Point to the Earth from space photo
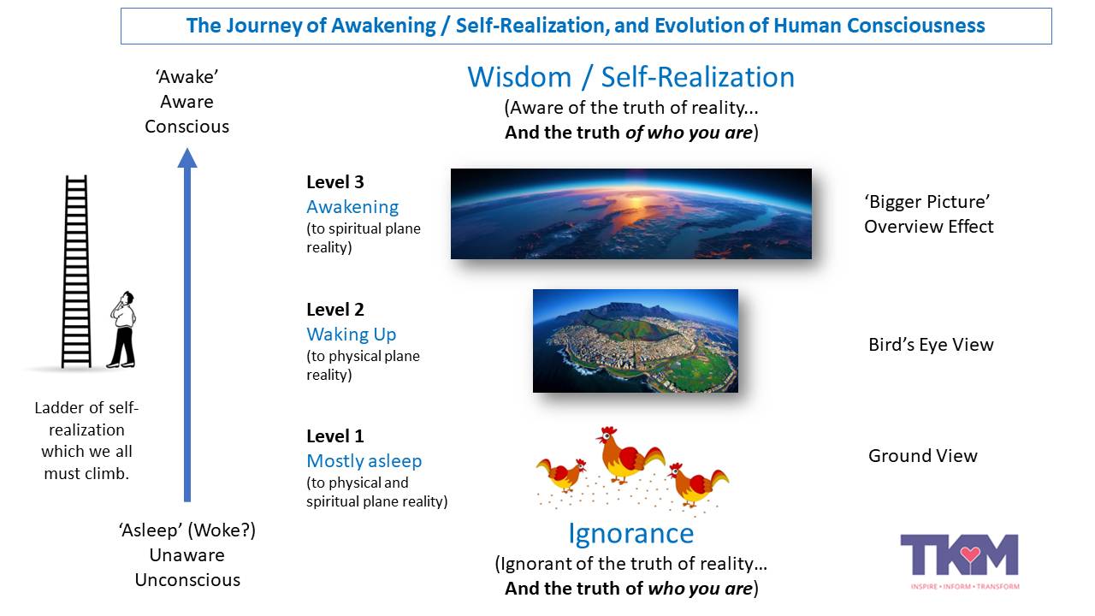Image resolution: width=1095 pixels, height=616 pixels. (x=630, y=213)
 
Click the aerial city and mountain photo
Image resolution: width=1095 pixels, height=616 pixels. (x=635, y=341)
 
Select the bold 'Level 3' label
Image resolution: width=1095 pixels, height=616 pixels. (x=334, y=182)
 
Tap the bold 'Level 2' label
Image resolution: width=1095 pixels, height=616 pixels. (x=334, y=310)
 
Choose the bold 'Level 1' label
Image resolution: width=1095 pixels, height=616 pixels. (x=334, y=436)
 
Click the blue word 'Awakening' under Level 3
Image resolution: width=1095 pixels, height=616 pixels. (x=352, y=207)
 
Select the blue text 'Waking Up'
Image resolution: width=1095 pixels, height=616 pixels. (x=351, y=335)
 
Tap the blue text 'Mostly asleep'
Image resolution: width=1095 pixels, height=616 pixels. (x=364, y=461)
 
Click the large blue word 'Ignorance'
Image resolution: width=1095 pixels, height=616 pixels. (x=630, y=534)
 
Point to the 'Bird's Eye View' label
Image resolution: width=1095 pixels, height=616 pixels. (x=931, y=345)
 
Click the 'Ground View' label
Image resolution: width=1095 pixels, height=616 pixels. (x=922, y=456)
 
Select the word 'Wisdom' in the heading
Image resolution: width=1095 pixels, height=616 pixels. (x=518, y=77)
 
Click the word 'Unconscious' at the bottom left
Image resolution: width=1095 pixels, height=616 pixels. (x=187, y=580)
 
